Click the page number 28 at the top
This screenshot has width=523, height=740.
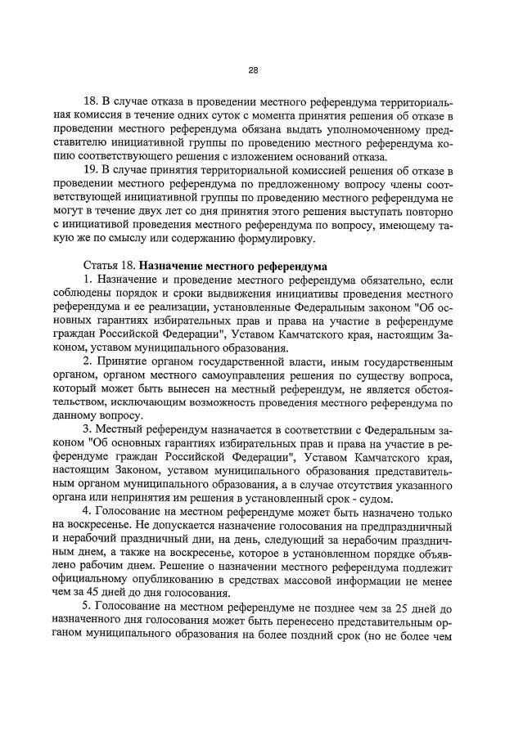(x=254, y=70)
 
